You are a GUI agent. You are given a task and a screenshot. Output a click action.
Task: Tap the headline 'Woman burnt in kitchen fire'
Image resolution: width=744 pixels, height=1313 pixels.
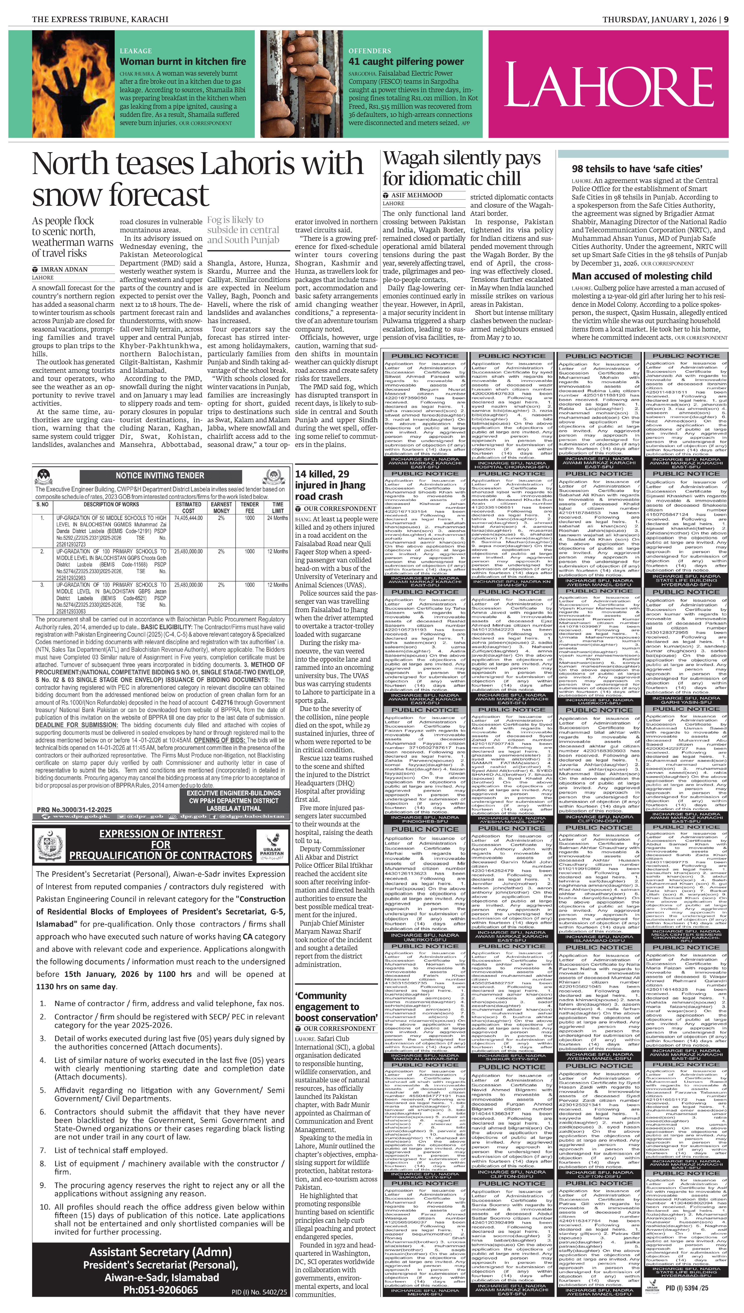(182, 61)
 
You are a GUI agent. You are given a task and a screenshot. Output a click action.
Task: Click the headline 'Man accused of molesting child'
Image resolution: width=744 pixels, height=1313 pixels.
(642, 276)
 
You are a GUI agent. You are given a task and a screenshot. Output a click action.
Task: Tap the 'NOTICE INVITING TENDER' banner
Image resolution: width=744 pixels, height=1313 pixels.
(160, 475)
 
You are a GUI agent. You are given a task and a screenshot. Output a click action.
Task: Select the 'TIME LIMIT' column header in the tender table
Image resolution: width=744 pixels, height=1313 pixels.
(278, 507)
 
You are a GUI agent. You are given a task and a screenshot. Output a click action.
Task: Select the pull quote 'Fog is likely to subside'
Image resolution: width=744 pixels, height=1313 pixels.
(243, 230)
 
